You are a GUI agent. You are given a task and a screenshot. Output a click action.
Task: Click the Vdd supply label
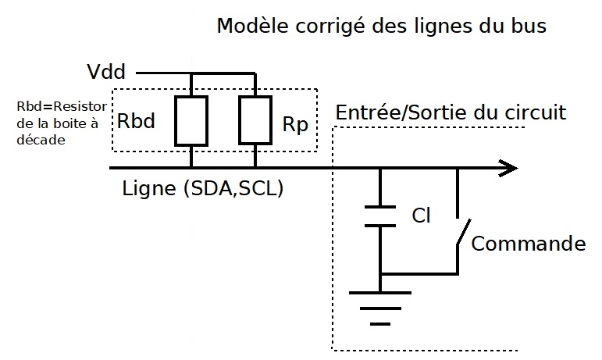109,73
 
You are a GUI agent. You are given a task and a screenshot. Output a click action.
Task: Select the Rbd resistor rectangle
191,121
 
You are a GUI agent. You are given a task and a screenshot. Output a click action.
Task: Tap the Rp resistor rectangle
255,121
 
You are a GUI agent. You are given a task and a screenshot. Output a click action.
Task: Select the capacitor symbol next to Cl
380,216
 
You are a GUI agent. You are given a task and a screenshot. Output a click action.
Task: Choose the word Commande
529,243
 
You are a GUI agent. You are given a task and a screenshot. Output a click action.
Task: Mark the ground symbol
380,305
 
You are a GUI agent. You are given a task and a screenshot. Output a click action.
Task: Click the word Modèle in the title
249,26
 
